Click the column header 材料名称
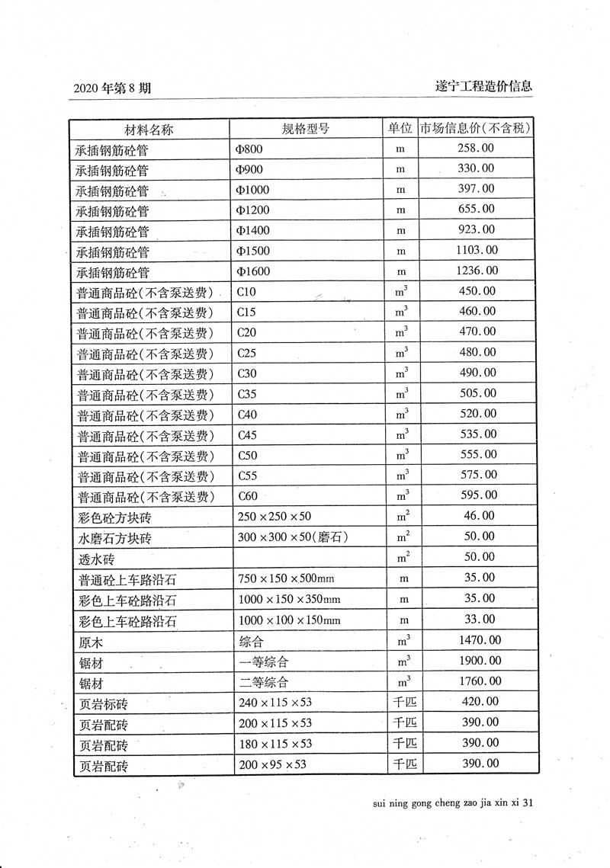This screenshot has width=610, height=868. point(149,129)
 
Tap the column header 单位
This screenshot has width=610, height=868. point(400,128)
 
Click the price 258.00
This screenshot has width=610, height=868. point(475,148)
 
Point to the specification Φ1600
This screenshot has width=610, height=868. point(253,272)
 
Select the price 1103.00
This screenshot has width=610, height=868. point(477,250)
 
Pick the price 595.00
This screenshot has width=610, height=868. point(478,495)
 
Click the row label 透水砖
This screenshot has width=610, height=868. point(95,559)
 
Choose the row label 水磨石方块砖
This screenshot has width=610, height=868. point(114,538)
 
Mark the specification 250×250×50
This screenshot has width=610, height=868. point(274,517)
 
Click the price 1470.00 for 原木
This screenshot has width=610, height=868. point(478,640)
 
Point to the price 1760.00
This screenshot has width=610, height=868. point(478,681)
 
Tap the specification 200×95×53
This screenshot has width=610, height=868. point(271,764)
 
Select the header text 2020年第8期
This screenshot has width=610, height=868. point(112,88)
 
